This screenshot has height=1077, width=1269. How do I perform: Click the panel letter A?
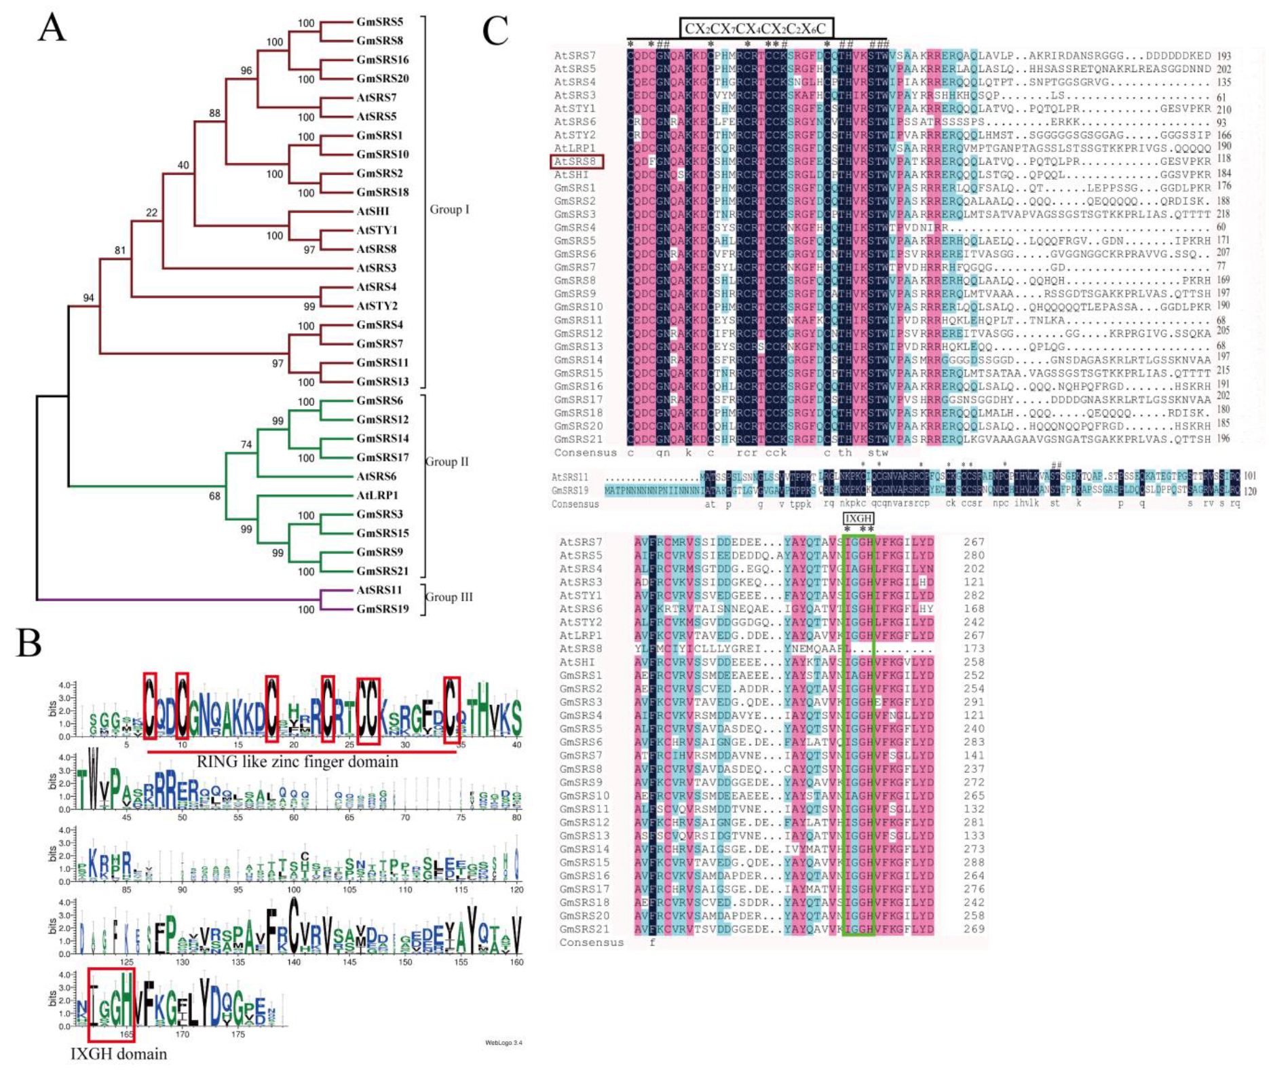52,29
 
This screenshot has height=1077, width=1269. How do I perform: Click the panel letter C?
495,31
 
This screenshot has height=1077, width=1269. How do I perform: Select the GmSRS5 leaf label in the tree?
379,22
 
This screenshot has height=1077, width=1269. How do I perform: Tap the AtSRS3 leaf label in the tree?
377,268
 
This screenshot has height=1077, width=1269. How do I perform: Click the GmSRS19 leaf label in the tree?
382,609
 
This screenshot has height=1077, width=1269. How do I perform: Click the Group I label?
449,209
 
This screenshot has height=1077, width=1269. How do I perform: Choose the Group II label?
447,461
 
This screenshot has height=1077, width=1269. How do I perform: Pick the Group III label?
449,597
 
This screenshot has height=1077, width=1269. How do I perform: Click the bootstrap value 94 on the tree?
88,297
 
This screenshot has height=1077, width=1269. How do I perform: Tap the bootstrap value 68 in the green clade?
214,496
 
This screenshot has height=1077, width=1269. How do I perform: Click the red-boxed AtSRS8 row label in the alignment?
576,162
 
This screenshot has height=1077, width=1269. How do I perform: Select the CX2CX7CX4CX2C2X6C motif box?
756,28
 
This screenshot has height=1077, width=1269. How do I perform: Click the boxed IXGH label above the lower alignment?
858,518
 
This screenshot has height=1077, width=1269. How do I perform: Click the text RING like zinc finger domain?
297,762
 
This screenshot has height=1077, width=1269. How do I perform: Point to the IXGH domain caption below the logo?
119,1054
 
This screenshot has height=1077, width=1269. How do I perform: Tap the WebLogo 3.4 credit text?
504,1042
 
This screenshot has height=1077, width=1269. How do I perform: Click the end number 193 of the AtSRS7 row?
1224,56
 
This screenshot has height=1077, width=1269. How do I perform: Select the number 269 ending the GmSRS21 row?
974,929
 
